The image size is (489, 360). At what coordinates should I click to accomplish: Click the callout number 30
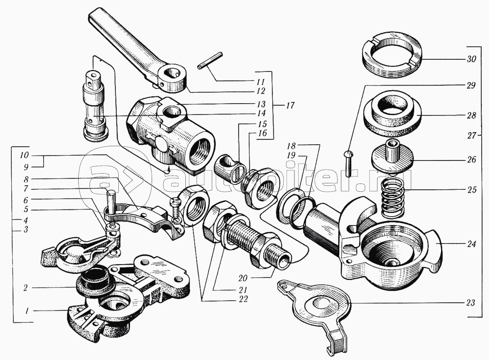(472, 59)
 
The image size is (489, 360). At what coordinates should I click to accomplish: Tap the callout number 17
(289, 106)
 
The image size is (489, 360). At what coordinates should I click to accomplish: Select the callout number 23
(470, 303)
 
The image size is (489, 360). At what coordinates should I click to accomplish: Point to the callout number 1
(27, 311)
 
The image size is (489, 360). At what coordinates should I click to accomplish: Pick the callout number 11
(261, 82)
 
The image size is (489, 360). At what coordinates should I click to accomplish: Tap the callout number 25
(472, 190)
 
